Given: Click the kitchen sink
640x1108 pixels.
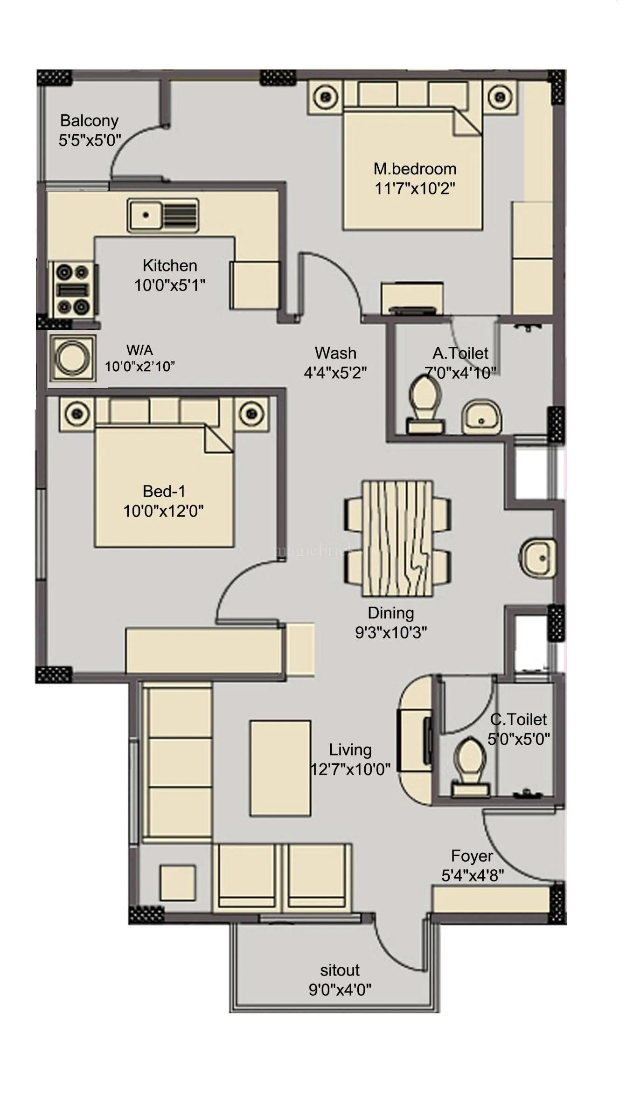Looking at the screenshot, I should click(x=163, y=215).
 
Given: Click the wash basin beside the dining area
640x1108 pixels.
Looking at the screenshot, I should click(x=537, y=558).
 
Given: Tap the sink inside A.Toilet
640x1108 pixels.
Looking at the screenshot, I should click(x=481, y=417).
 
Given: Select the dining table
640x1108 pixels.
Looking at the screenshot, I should click(x=397, y=539).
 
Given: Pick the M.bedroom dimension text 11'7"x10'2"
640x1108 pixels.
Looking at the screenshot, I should click(x=415, y=188).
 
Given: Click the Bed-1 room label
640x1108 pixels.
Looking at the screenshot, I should click(x=164, y=491).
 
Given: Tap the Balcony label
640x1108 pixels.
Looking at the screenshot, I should click(x=89, y=120).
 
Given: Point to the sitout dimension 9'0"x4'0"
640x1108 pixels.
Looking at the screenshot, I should click(x=340, y=990).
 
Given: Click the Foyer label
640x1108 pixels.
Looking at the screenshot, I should click(x=472, y=856).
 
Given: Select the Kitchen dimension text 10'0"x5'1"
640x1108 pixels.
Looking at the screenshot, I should click(x=170, y=285).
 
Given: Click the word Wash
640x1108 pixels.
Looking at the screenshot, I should click(x=335, y=353).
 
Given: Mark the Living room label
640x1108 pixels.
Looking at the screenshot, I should click(x=350, y=749).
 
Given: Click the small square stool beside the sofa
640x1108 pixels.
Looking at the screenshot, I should click(x=177, y=882).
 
